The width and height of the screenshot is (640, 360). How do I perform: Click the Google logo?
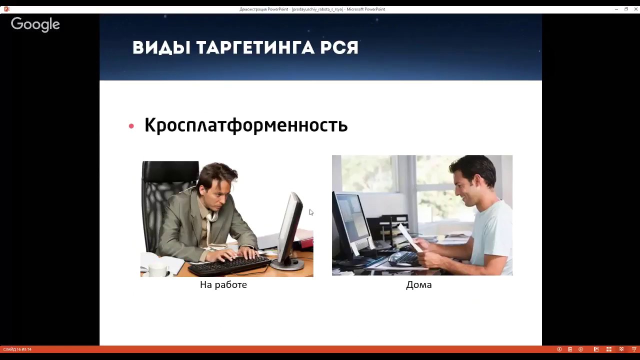click(x=35, y=24)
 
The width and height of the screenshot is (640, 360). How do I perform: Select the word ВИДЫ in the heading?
click(x=161, y=47)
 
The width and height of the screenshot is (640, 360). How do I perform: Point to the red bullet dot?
click(x=131, y=126)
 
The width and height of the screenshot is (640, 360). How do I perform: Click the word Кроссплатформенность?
click(x=246, y=125)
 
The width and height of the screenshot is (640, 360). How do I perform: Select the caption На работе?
click(x=223, y=285)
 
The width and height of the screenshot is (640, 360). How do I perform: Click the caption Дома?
click(x=419, y=285)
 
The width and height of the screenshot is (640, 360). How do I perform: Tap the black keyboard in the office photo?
click(x=229, y=265)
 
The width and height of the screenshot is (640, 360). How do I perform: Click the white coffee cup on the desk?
click(x=158, y=269)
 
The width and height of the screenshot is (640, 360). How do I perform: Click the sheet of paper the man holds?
click(x=410, y=237)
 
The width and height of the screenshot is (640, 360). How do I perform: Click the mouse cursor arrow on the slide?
click(x=311, y=212)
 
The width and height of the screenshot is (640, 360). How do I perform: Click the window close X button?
click(x=635, y=9)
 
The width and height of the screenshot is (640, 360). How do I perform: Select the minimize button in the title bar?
click(x=616, y=9)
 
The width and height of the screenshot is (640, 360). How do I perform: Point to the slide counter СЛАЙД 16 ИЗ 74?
click(x=17, y=349)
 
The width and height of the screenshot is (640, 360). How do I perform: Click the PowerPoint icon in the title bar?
click(x=7, y=9)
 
